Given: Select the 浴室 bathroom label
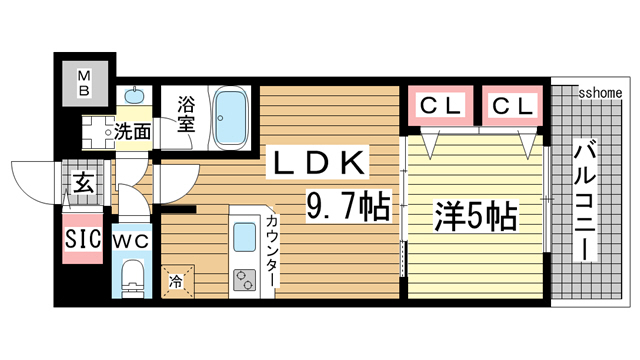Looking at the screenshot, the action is pos(186,112).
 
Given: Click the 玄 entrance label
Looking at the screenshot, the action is pos(82,185).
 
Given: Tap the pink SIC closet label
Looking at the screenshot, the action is pos(82,240).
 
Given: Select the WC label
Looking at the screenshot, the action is pos(132,241).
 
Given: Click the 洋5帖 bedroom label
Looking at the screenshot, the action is pos(475,213).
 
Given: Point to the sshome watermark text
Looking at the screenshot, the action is pos(600,91).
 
